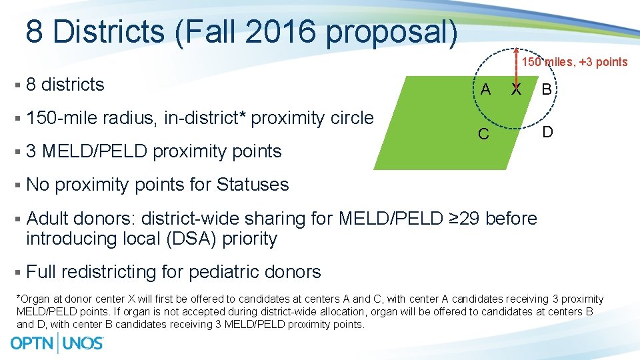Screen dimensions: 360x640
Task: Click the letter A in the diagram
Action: pos(485,89)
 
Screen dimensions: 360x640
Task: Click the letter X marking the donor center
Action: pos(515,89)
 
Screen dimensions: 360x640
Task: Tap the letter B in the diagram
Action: pos(546,89)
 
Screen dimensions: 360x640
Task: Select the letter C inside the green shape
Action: pos(484,134)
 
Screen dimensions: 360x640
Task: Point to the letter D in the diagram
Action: pos(547,132)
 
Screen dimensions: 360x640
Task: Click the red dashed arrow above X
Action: pos(516,63)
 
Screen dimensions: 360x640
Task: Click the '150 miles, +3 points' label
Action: pos(574,62)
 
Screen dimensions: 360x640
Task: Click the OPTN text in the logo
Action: pos(33,343)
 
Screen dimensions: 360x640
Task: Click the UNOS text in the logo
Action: pos(83,343)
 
